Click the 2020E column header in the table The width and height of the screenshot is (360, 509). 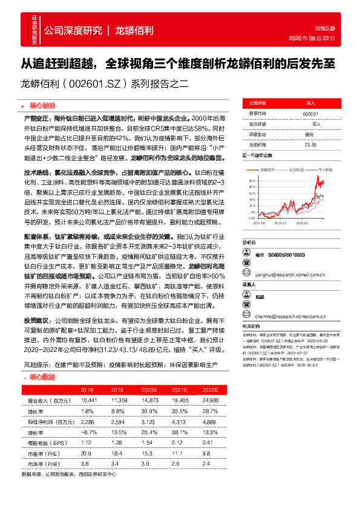149,390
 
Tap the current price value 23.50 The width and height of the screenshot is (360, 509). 310,144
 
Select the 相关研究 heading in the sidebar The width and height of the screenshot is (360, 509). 250,326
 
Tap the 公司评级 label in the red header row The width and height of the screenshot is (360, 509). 258,103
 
